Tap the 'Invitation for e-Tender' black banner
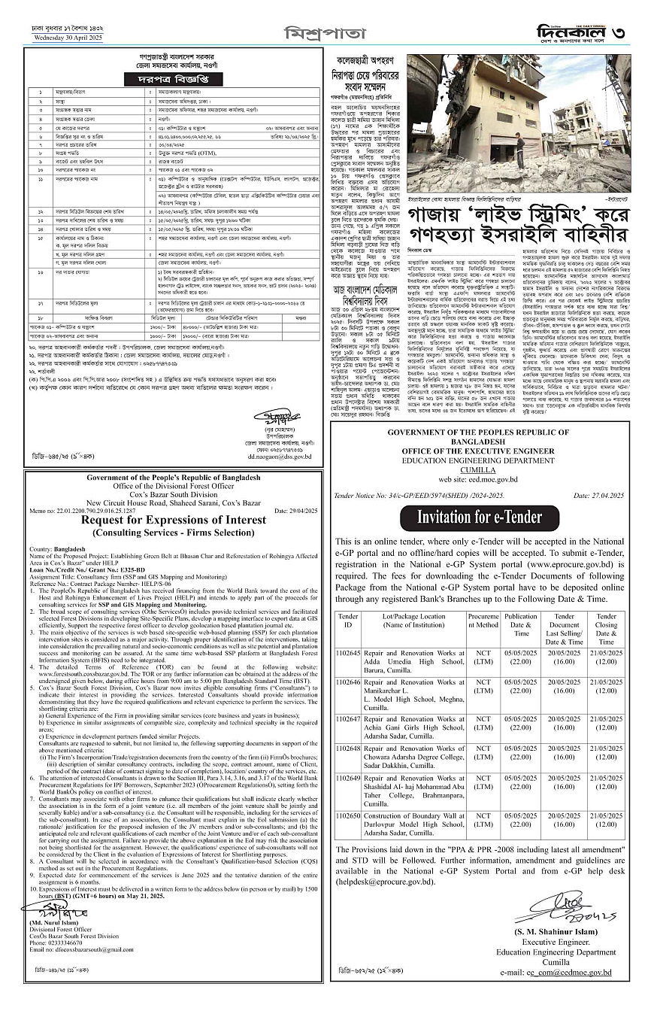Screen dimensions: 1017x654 479,518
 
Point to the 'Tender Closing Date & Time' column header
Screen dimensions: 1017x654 606,629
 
